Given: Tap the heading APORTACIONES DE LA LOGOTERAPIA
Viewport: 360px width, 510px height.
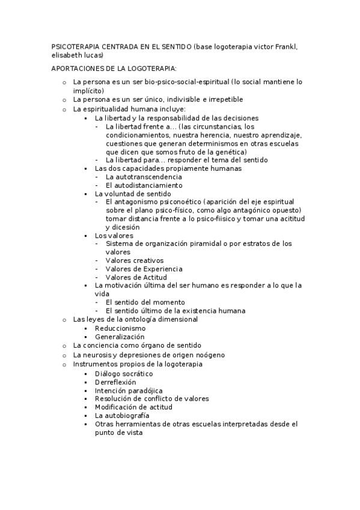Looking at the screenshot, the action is coord(114,69).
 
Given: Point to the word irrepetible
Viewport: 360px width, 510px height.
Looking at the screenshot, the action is coord(225,99).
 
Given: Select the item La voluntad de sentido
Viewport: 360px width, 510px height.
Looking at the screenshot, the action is coord(133,194).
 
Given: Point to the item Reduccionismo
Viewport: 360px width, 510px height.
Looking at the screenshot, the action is coord(120,328).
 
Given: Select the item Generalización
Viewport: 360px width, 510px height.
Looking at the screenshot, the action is coord(120,337).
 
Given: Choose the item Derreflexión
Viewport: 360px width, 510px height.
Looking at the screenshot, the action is coord(115,382).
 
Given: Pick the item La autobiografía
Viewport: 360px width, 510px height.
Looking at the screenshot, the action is coord(122,416).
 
